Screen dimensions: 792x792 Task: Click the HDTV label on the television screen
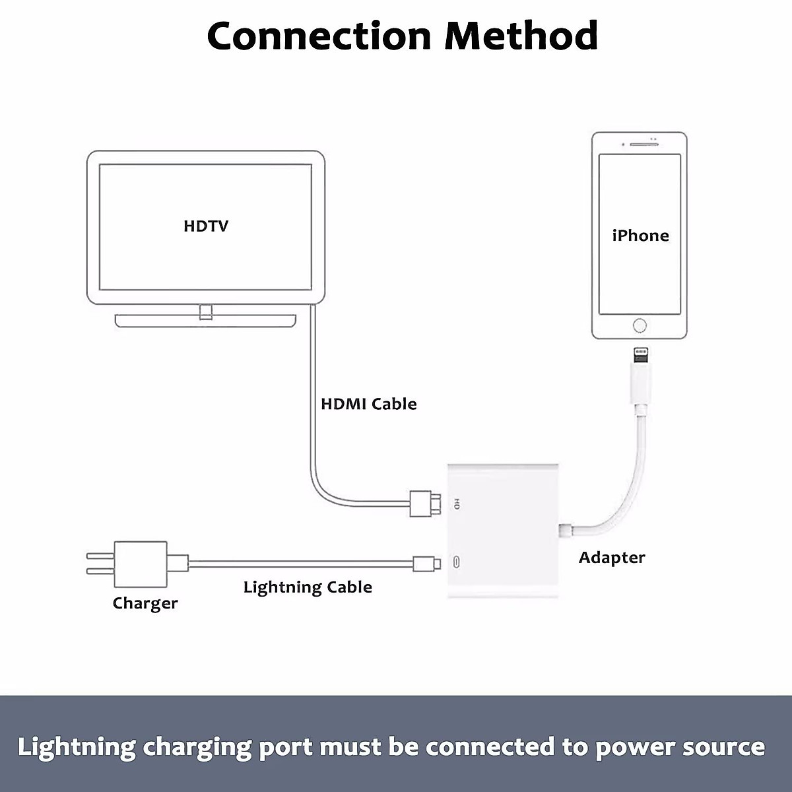[x=206, y=226]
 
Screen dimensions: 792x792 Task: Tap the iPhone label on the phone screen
[x=640, y=236]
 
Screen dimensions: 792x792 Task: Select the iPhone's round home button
[x=640, y=325]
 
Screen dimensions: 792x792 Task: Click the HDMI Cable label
[x=368, y=404]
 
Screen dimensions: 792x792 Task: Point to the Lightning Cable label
[x=308, y=587]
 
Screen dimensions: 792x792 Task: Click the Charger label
[x=145, y=603]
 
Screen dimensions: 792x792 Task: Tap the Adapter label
[x=612, y=558]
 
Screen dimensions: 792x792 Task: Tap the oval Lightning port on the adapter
[x=457, y=564]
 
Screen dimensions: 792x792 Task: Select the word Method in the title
[x=521, y=36]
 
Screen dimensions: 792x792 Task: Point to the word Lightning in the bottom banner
[x=76, y=747]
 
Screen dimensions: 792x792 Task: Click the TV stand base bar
[x=205, y=320]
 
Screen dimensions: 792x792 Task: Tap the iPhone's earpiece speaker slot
[x=639, y=145]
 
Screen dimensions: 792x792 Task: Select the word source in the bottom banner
[x=726, y=747]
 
